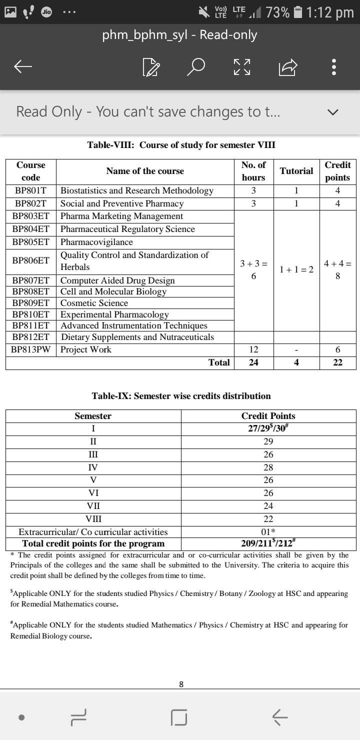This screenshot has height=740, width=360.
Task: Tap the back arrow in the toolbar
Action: point(23,66)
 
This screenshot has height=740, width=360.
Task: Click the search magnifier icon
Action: point(196,66)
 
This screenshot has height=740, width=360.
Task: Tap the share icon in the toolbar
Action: point(288,66)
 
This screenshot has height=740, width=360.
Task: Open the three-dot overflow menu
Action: point(334,66)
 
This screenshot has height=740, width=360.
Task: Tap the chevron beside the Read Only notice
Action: point(333,112)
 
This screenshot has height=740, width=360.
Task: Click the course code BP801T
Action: point(30,190)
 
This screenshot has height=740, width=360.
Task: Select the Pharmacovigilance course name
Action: point(96,242)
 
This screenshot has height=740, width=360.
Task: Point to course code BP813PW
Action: point(31,349)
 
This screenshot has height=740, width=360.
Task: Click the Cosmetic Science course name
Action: point(94,303)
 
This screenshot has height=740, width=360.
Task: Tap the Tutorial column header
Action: point(296,171)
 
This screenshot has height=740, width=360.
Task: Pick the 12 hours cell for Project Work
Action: point(253,349)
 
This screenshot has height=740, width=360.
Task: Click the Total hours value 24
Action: point(253,362)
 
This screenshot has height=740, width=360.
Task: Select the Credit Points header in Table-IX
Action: point(268,416)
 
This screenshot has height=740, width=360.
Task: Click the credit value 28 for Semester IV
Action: point(268,467)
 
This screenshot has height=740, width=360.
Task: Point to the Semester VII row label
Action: point(93,506)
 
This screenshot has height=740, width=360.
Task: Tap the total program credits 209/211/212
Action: point(268,543)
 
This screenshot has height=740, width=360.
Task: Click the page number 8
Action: point(181,684)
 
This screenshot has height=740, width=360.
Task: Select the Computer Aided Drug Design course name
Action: point(117,280)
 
